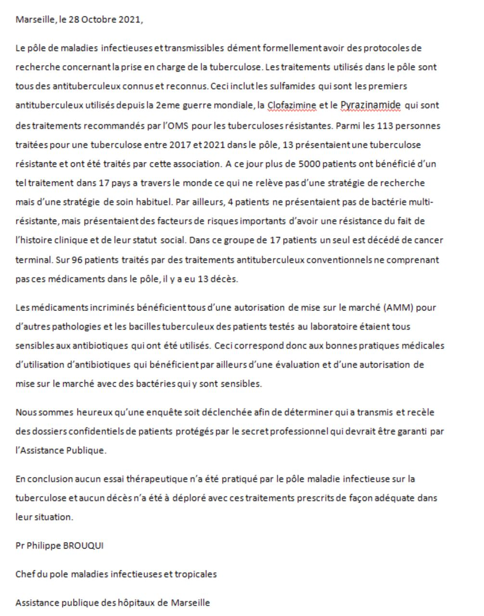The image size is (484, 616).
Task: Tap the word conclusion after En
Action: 49,479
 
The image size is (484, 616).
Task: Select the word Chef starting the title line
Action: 25,574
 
